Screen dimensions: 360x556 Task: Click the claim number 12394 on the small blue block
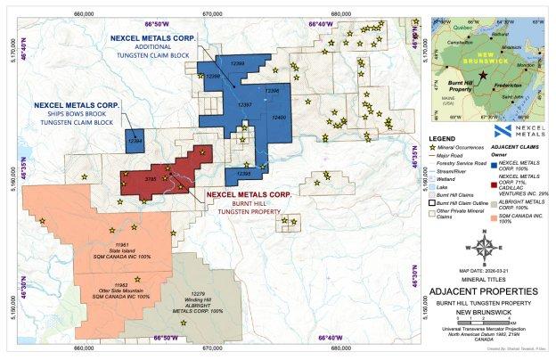(x=135, y=142)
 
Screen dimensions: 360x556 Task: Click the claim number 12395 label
(x=243, y=174)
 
